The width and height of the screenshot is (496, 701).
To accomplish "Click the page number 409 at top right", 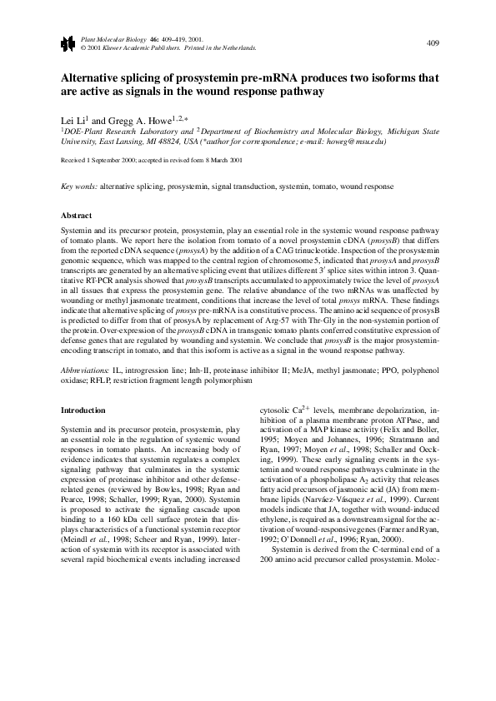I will tap(433, 42).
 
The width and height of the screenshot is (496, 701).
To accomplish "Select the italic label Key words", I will tap(80, 188).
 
